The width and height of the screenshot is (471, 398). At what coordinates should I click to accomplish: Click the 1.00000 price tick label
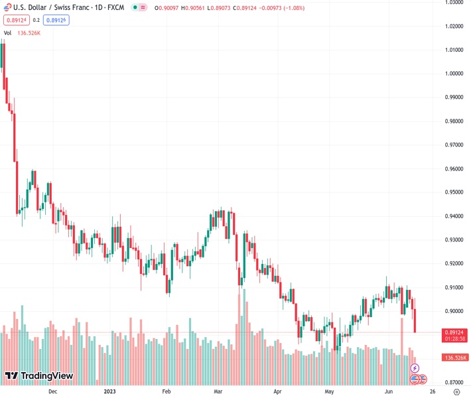point(454,74)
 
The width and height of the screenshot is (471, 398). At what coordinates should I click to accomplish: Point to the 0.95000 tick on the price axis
point(454,192)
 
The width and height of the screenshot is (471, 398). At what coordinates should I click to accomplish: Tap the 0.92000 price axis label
point(454,263)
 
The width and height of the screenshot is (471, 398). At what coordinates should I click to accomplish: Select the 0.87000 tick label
point(454,382)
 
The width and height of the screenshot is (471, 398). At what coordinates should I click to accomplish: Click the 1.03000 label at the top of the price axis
point(454,3)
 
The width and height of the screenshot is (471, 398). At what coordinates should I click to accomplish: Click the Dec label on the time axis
point(53,392)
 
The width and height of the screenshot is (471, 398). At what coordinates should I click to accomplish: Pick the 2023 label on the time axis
point(111,392)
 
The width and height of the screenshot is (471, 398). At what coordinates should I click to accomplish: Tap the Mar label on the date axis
point(218,392)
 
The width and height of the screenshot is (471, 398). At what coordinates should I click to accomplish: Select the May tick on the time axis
point(329,392)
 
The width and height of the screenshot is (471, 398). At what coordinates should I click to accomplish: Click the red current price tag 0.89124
point(454,332)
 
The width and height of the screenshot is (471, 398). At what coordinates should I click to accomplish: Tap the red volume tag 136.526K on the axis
point(454,358)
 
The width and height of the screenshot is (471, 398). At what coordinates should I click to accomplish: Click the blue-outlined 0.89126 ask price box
point(56,20)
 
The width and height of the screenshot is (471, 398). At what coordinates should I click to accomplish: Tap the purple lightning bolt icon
point(415,367)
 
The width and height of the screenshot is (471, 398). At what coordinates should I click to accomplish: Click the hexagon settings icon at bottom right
point(456,392)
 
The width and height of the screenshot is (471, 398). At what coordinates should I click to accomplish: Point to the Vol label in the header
point(7,33)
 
